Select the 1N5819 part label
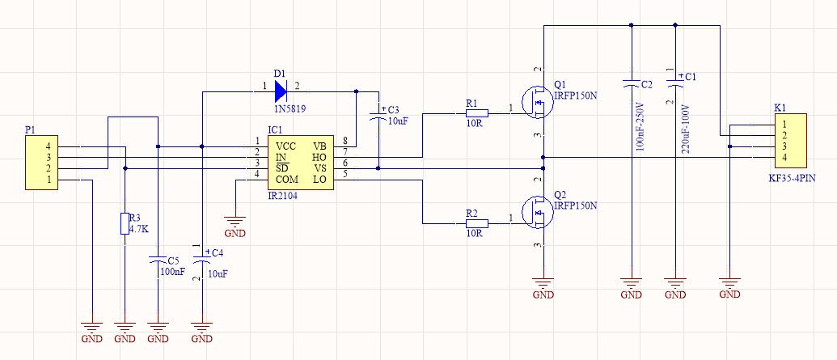tap(290, 108)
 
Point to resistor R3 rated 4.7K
tap(125, 223)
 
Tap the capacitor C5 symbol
tap(159, 260)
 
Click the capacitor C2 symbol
tap(631, 83)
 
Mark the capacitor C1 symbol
tap(674, 83)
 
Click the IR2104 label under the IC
tap(282, 195)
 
